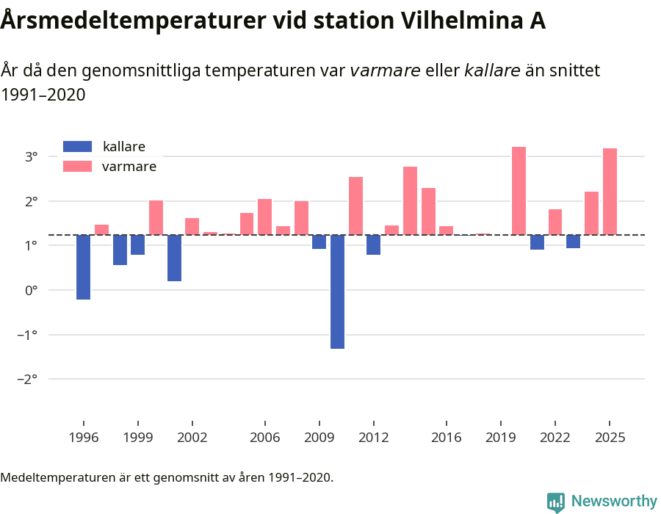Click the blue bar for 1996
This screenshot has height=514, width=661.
pyautogui.click(x=83, y=267)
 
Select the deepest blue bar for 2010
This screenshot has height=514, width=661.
pyautogui.click(x=337, y=292)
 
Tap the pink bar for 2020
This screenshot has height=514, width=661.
pyautogui.click(x=519, y=191)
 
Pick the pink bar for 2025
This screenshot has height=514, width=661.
pyautogui.click(x=610, y=192)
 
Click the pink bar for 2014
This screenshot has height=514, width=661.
pyautogui.click(x=410, y=200)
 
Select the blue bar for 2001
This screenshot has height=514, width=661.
pyautogui.click(x=174, y=258)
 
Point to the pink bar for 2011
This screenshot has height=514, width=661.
pyautogui.click(x=355, y=206)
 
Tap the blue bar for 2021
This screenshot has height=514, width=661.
pyautogui.click(x=537, y=242)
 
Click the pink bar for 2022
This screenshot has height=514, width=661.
pyautogui.click(x=555, y=222)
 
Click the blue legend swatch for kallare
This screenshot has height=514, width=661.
pyautogui.click(x=78, y=146)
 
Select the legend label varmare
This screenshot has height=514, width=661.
pyautogui.click(x=129, y=167)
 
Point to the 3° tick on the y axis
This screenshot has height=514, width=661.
pyautogui.click(x=31, y=156)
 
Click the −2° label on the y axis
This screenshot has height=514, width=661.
pyautogui.click(x=28, y=379)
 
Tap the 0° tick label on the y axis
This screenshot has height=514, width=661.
pyautogui.click(x=31, y=290)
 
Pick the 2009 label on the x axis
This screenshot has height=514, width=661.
pyautogui.click(x=319, y=438)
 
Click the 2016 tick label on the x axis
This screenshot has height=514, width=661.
pyautogui.click(x=447, y=438)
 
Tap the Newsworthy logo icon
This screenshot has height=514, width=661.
pyautogui.click(x=556, y=502)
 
